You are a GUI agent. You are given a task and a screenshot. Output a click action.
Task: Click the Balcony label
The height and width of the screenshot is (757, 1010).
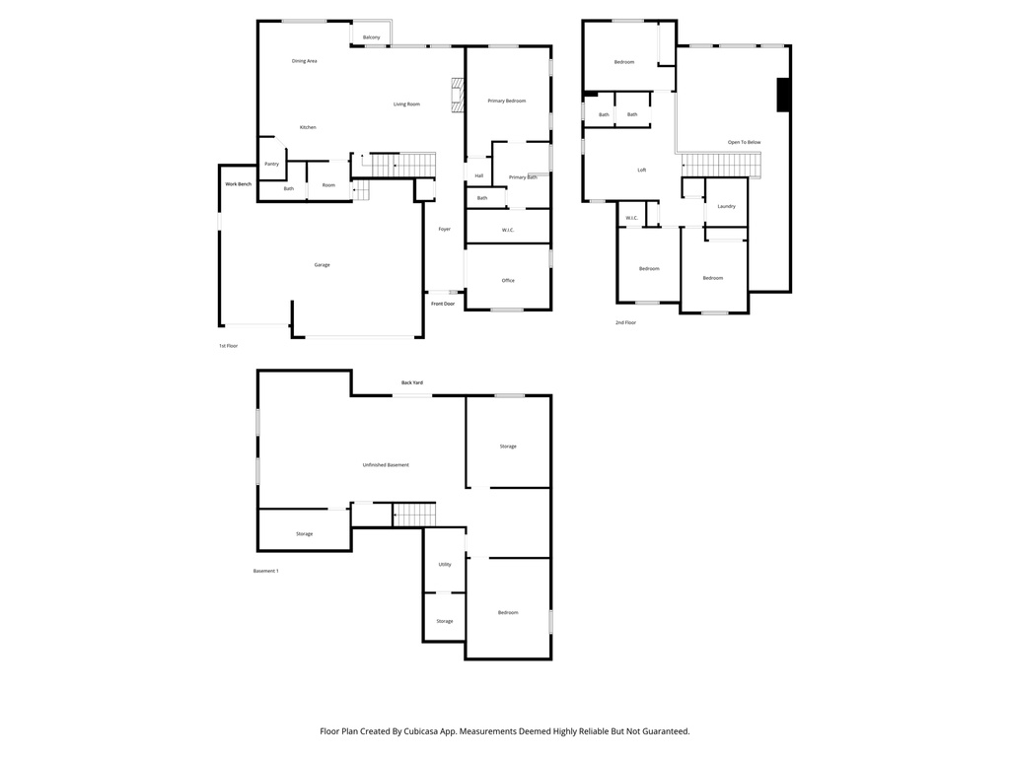371,37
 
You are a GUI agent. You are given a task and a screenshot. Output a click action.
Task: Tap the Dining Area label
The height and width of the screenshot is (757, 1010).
304,61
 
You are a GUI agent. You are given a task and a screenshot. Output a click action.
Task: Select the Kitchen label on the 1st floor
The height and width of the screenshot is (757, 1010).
308,127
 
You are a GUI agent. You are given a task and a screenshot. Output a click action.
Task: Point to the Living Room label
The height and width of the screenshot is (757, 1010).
406,104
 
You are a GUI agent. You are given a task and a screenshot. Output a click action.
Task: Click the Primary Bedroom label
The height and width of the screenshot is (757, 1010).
506,101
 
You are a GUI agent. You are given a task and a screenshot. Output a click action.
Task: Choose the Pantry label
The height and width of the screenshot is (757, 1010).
271,164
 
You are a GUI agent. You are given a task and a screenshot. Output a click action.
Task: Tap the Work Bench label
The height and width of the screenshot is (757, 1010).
238,184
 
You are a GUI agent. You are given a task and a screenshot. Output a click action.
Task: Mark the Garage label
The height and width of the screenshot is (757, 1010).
322,264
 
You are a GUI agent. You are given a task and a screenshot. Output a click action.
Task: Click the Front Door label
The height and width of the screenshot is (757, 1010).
443,304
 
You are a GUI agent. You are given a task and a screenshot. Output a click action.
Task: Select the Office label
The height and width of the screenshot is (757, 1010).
508,281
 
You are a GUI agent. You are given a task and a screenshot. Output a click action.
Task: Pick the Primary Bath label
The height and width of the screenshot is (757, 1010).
523,177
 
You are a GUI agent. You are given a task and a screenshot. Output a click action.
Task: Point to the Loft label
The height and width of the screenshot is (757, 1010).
641,171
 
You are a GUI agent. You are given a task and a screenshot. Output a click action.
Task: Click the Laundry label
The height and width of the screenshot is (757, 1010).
726,206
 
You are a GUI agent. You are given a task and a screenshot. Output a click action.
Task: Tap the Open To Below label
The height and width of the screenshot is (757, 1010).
744,143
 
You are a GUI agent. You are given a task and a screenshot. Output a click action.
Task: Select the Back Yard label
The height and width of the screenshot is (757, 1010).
411,382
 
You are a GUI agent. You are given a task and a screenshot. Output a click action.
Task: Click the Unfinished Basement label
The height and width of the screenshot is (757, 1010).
385,465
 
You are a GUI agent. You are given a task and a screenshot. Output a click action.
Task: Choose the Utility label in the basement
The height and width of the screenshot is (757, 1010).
444,565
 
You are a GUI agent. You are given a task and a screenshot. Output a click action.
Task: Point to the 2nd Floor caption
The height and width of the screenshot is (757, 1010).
625,322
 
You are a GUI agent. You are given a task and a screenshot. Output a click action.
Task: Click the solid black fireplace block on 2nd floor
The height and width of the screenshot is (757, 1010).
783,96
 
